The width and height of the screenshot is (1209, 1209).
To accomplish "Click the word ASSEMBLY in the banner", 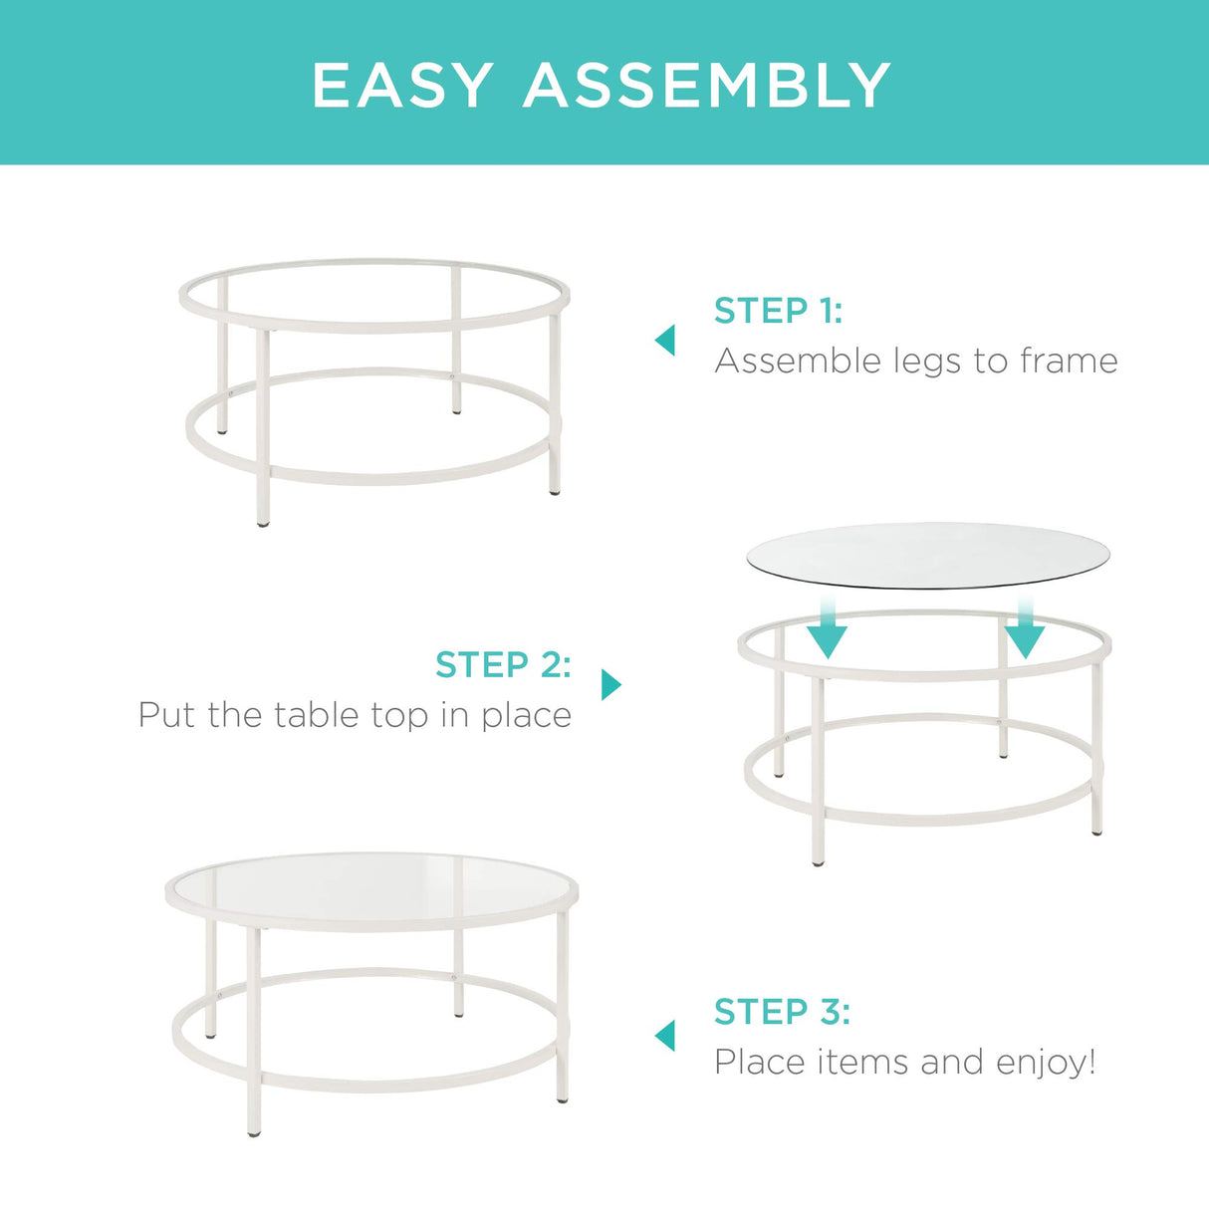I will point(707,86).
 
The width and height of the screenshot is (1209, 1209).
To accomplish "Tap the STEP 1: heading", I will point(778,311).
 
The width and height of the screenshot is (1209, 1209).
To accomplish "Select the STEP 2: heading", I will point(503,664).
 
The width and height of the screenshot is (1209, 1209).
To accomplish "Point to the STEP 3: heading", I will point(782,1012).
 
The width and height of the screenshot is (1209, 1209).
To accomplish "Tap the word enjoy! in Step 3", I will point(1045,1064).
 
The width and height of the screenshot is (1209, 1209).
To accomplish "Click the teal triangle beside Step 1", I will point(665,341).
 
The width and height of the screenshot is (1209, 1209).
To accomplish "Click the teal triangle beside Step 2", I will point(610,685).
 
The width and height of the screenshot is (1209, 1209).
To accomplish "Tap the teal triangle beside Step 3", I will point(665,1036).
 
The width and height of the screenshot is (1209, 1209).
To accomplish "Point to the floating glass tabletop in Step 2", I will point(926,555).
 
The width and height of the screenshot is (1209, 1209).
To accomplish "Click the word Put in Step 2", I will point(166,715).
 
